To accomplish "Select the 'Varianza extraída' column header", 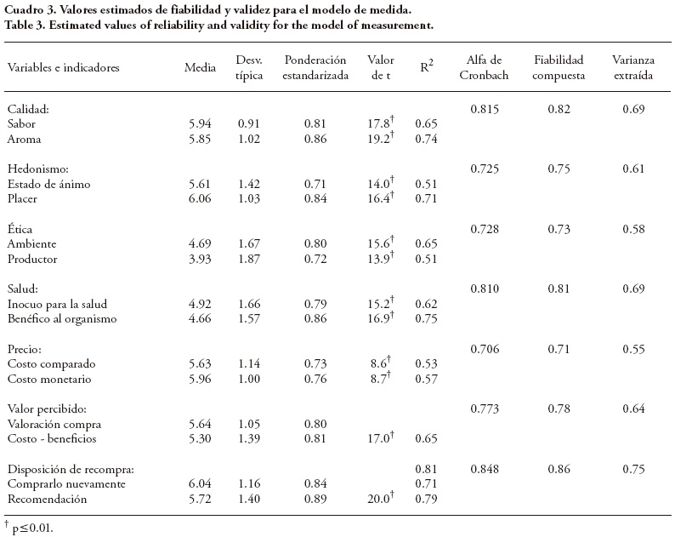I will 632,66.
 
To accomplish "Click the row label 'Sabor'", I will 21,123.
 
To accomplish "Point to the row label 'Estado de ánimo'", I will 48,184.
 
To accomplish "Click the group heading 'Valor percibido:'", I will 46,408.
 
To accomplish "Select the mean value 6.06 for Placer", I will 201,198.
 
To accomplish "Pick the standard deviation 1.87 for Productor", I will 249,259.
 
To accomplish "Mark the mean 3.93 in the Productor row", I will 201,259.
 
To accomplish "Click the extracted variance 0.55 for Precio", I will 632,349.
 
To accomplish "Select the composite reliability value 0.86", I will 559,469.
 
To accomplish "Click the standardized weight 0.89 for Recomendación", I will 316,499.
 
